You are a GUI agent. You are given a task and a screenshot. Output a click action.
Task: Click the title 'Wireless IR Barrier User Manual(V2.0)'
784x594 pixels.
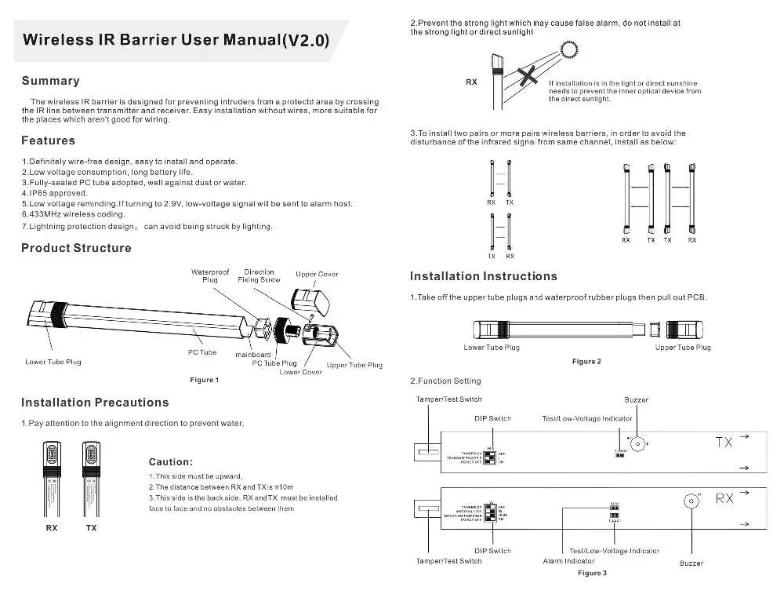[x=176, y=40]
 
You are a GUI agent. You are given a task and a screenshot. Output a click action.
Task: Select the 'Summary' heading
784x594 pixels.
[x=50, y=81]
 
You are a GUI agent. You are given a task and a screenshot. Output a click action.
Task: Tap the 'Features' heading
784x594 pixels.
[x=48, y=140]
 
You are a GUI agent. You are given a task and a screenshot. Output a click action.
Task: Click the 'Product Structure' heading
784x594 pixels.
[x=76, y=248]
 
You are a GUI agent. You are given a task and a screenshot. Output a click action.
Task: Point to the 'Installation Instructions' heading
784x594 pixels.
[x=484, y=276]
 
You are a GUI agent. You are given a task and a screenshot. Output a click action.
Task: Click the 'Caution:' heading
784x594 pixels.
[x=170, y=462]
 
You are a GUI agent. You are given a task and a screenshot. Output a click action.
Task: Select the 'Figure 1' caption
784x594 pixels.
[x=205, y=380]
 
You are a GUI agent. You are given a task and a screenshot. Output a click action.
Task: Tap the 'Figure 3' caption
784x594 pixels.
[x=592, y=573]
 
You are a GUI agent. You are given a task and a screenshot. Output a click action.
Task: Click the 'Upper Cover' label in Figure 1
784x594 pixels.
[x=317, y=275]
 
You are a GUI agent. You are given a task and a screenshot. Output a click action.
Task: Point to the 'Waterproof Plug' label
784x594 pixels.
[x=210, y=275]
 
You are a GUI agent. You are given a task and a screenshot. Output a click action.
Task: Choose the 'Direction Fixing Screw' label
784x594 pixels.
[x=259, y=275]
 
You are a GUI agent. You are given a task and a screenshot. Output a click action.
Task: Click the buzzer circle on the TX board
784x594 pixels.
[x=640, y=444]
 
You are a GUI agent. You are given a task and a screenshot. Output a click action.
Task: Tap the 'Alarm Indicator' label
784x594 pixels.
[x=568, y=561]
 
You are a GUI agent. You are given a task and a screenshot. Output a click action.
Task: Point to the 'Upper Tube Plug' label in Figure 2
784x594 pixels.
[x=683, y=348]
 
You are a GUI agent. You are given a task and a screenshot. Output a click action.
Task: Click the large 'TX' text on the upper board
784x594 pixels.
[x=724, y=443]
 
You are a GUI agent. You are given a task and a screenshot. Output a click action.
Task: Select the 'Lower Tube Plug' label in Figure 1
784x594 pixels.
[x=53, y=362]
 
